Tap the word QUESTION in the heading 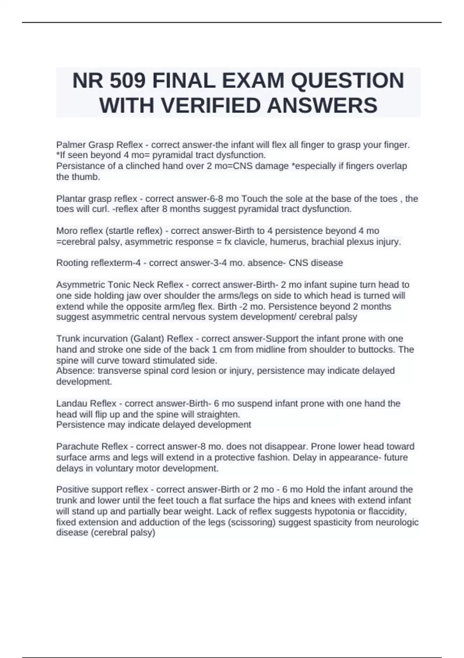(347, 81)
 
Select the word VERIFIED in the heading (212, 106)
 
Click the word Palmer (71, 145)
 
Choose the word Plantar (71, 199)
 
